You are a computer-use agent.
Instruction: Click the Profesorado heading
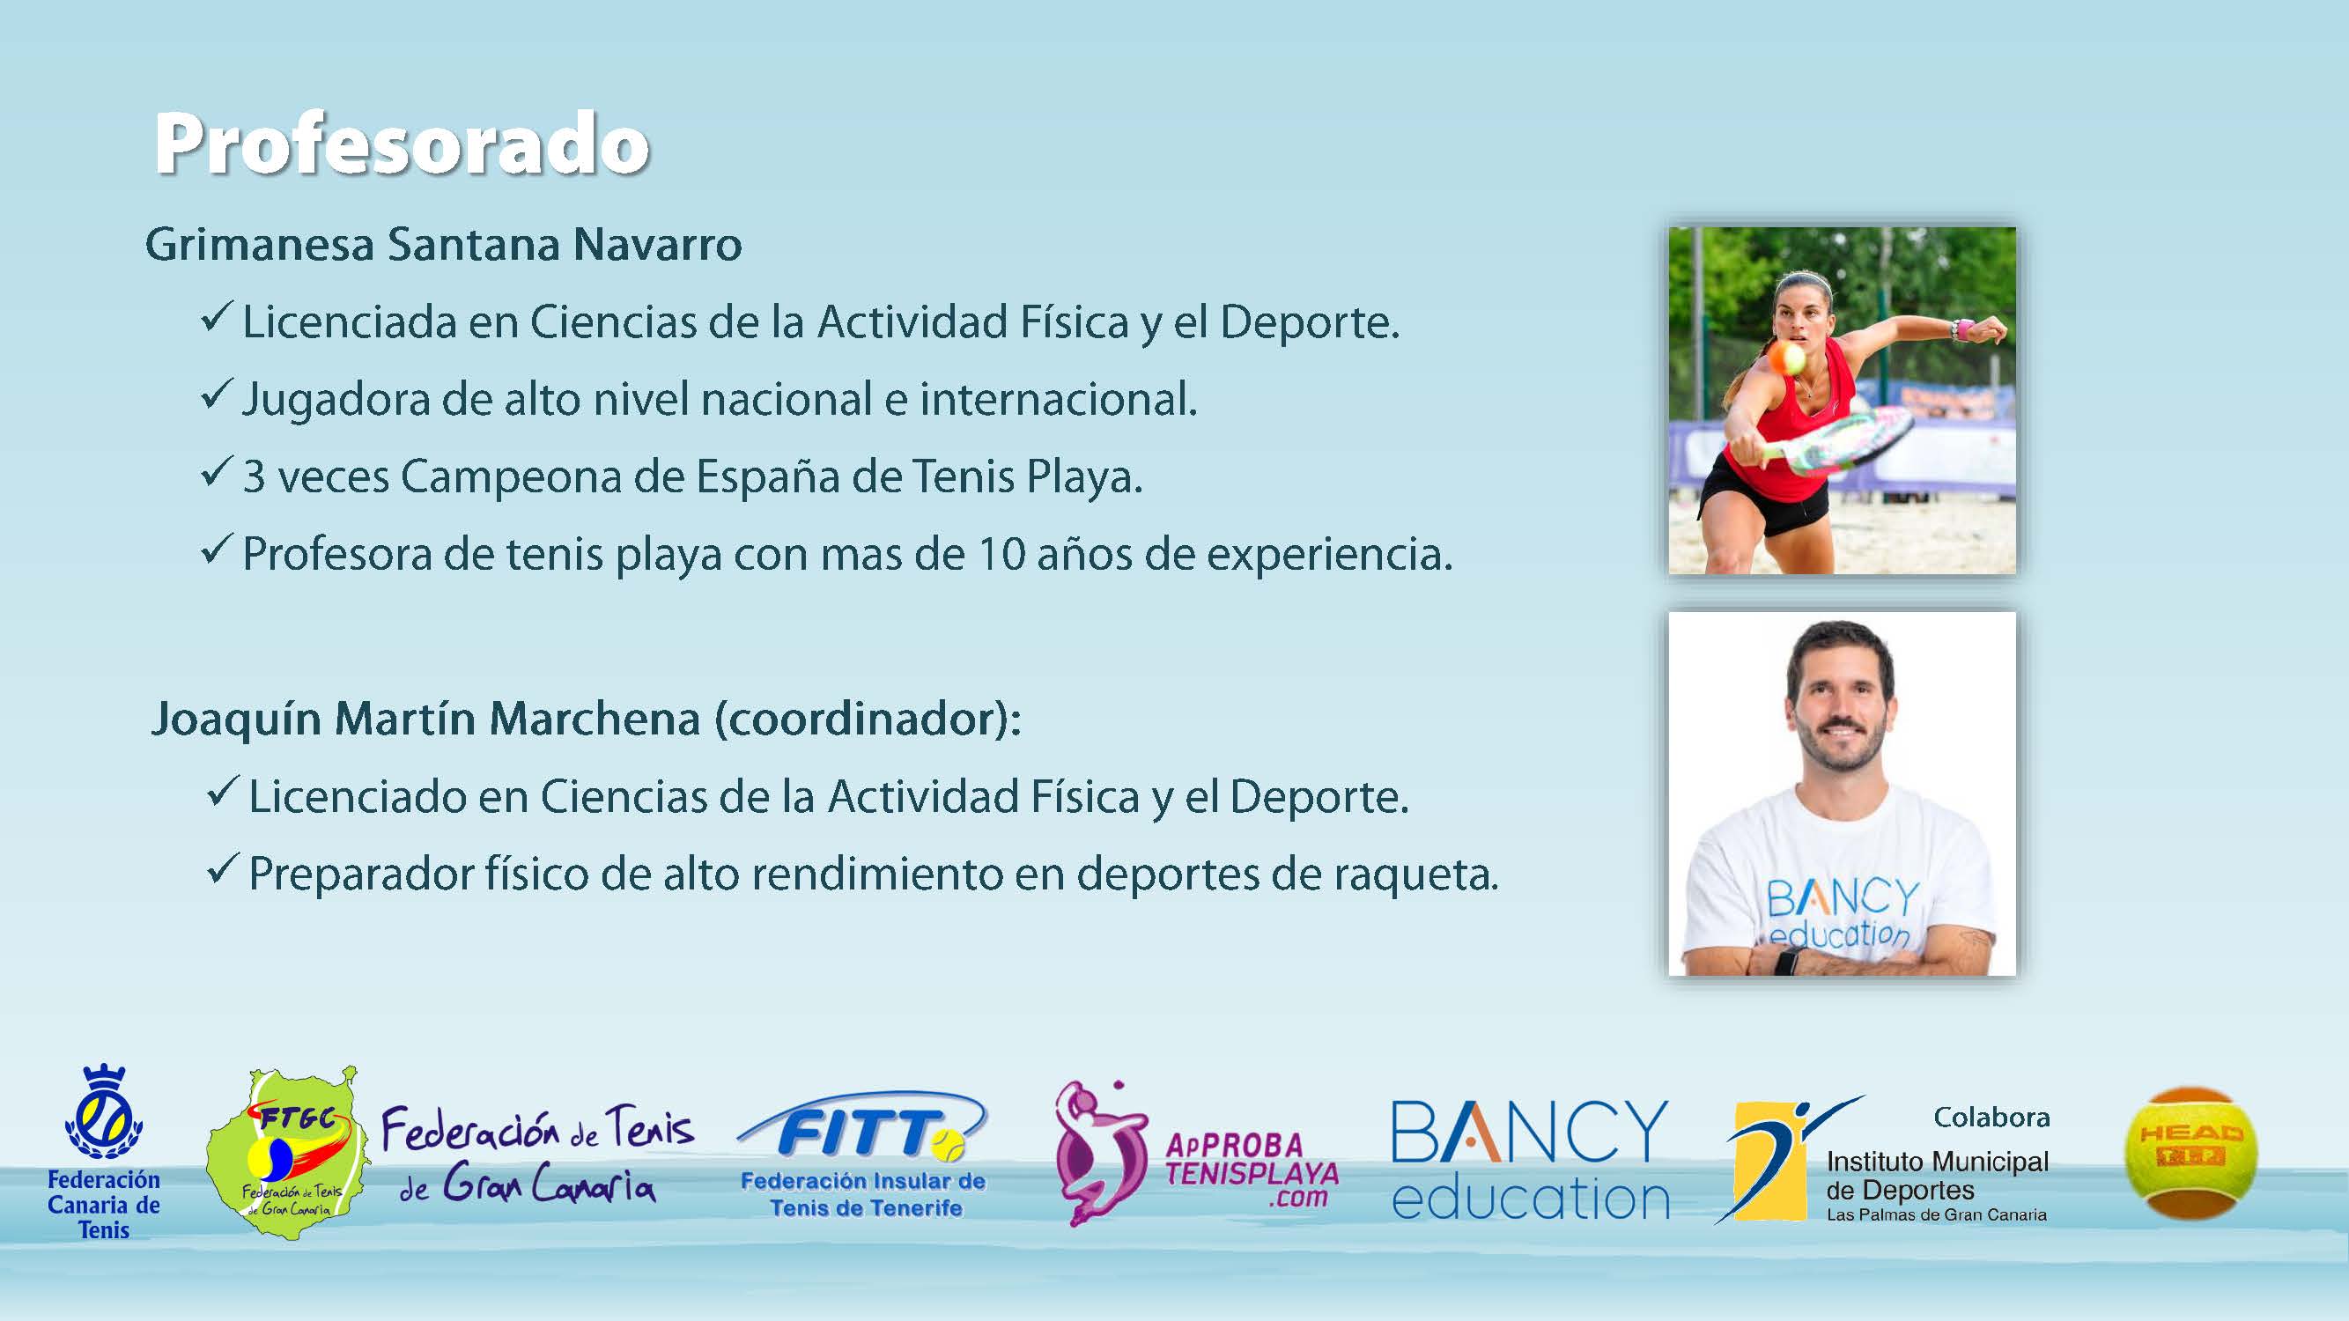tap(403, 144)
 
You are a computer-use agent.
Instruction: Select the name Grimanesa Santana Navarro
tap(443, 243)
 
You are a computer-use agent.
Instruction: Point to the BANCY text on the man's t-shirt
tap(1843, 898)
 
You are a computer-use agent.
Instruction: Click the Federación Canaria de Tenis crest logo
tap(104, 1150)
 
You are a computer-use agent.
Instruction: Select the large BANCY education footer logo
tap(1530, 1160)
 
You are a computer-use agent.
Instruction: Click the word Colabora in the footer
tap(1991, 1117)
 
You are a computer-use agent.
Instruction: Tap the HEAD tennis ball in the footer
tap(2190, 1152)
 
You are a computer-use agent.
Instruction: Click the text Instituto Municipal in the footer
tap(1938, 1162)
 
